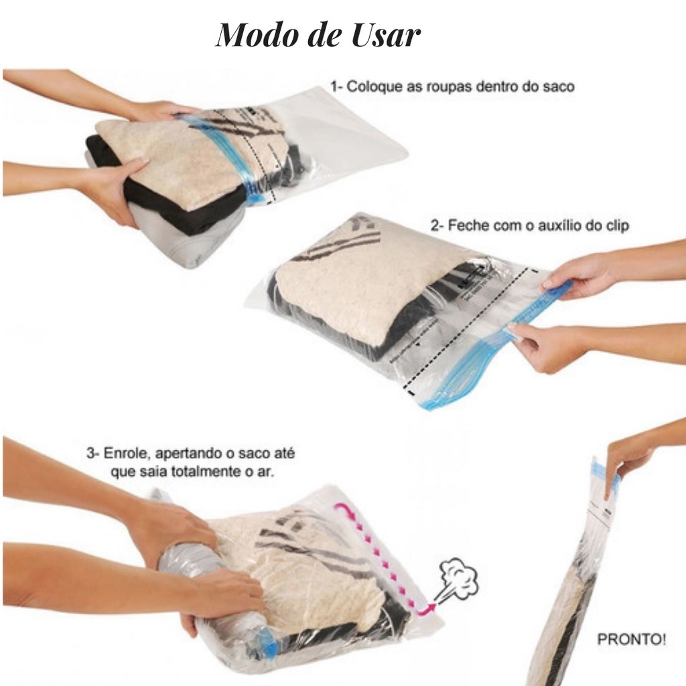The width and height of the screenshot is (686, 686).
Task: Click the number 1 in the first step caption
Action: pos(334,86)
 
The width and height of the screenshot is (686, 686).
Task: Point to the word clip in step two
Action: pos(616,226)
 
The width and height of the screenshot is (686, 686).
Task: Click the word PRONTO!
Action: pos(631,639)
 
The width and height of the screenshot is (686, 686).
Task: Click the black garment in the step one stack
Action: pos(175,192)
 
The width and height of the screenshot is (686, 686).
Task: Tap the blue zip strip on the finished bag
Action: pos(605,477)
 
